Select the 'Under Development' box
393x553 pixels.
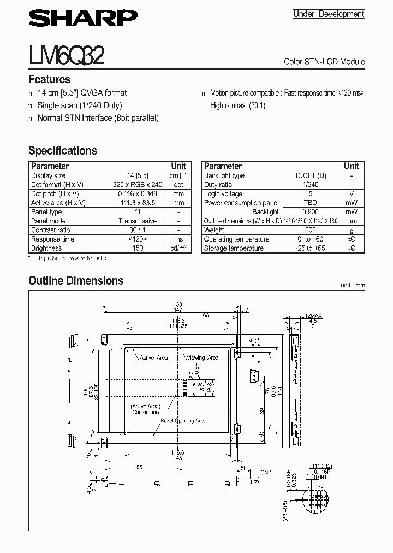[x=329, y=14]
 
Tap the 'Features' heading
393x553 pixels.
[x=49, y=79]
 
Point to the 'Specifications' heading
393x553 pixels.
[x=62, y=151]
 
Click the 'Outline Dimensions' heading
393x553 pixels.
[x=76, y=281]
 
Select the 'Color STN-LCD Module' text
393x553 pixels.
[x=324, y=62]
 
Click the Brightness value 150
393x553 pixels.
[x=138, y=248]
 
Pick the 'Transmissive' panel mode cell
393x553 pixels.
[x=138, y=221]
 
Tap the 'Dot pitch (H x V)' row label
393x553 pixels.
[x=55, y=193]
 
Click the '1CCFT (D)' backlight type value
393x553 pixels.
[x=311, y=175]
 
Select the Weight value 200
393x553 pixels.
[x=311, y=230]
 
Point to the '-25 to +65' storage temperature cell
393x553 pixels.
[x=311, y=248]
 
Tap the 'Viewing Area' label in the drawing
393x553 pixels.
[x=203, y=357]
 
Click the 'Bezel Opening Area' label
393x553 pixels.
[x=186, y=421]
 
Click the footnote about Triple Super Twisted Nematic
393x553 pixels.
[x=67, y=258]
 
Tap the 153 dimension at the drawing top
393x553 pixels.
[x=177, y=304]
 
